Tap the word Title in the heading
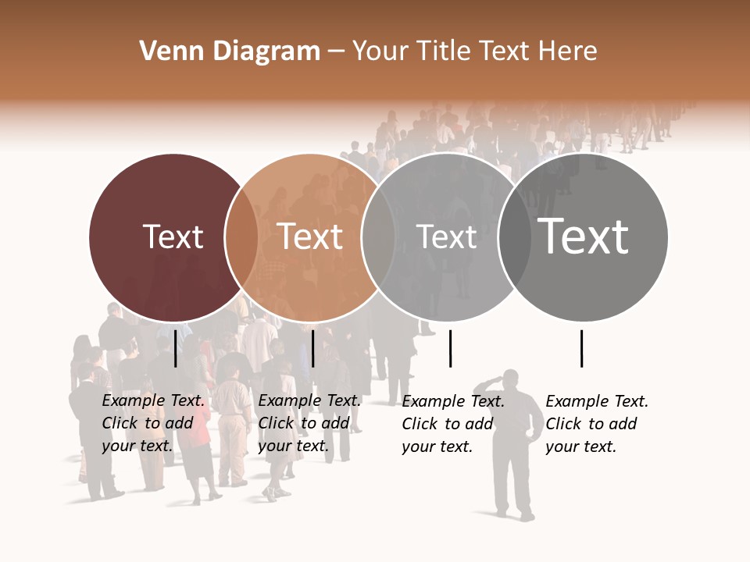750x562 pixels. pyautogui.click(x=446, y=52)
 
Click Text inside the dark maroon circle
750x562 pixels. pyautogui.click(x=173, y=237)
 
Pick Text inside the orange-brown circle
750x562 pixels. pyautogui.click(x=310, y=237)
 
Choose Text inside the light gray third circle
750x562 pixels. pyautogui.click(x=446, y=237)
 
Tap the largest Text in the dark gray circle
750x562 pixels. pyautogui.click(x=583, y=237)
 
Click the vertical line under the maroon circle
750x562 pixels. pyautogui.click(x=176, y=348)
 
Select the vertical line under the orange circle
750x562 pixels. pyautogui.click(x=312, y=348)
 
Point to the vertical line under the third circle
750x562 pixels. pyautogui.click(x=450, y=348)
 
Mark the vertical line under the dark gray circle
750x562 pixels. pyautogui.click(x=581, y=348)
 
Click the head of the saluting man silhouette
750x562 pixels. pyautogui.click(x=512, y=379)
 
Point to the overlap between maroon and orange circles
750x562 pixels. pyautogui.click(x=241, y=237)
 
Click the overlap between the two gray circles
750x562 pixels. pyautogui.click(x=513, y=237)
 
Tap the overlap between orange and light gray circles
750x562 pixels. pyautogui.click(x=377, y=237)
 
